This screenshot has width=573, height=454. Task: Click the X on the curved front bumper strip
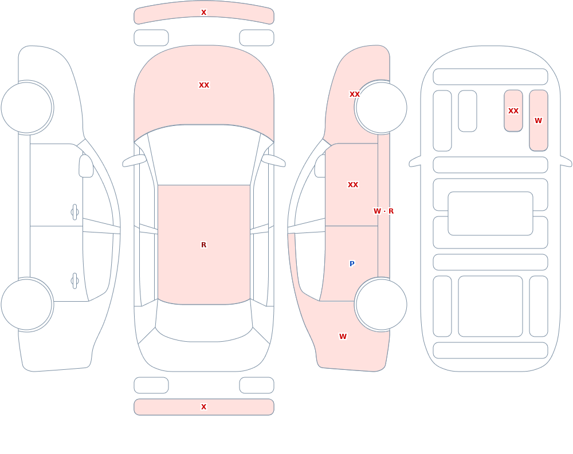click(203, 13)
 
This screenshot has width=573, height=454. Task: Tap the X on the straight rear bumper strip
click(203, 407)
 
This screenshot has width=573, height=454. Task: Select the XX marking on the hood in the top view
click(204, 85)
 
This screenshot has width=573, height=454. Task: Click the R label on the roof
click(203, 244)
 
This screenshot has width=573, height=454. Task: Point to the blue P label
click(352, 264)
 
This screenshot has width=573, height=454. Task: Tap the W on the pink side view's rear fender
click(343, 337)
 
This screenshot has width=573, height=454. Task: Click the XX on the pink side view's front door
click(353, 185)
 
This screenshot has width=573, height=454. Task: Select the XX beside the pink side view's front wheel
click(355, 94)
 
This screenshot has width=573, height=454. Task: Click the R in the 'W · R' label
click(391, 211)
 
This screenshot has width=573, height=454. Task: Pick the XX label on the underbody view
click(513, 110)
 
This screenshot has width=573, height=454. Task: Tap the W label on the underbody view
click(538, 121)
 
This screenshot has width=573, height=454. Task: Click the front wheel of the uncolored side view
click(27, 108)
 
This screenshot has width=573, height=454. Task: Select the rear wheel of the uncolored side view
click(27, 305)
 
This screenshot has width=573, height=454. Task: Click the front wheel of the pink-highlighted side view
click(381, 108)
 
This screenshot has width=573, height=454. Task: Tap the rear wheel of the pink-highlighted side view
click(381, 305)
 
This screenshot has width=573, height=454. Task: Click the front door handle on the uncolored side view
click(74, 212)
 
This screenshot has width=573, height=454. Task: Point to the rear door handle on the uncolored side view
click(74, 281)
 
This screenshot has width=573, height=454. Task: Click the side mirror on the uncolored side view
click(86, 166)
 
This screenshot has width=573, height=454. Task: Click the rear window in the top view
click(204, 321)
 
